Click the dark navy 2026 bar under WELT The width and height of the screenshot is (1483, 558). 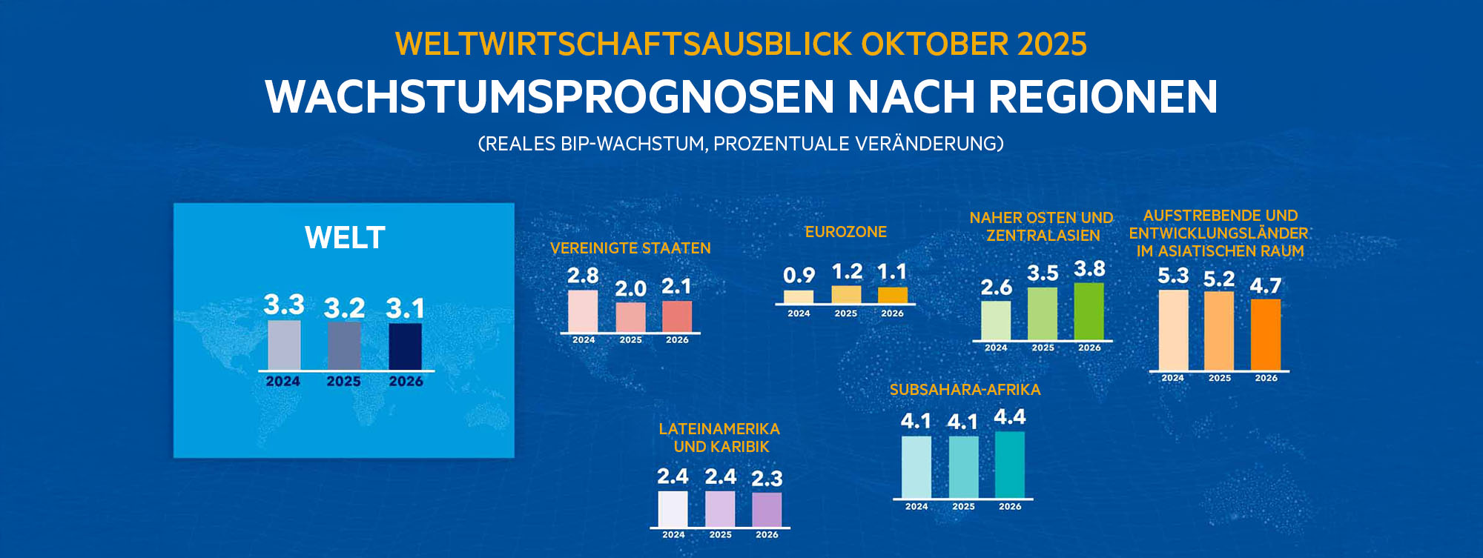click(x=405, y=346)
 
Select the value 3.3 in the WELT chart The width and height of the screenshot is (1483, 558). click(x=284, y=305)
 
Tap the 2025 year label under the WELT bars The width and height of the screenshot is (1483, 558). click(x=343, y=382)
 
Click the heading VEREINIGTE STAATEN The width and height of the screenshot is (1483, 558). click(x=630, y=248)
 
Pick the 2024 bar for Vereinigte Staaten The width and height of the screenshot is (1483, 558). click(x=583, y=311)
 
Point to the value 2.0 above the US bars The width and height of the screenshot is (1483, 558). click(x=630, y=288)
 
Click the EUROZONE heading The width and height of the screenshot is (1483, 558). click(x=846, y=232)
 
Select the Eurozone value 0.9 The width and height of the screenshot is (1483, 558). click(x=799, y=276)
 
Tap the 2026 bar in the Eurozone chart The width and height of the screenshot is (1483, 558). click(x=893, y=295)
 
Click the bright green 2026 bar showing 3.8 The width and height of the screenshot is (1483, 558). click(x=1089, y=311)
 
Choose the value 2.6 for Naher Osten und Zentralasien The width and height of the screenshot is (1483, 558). click(x=996, y=287)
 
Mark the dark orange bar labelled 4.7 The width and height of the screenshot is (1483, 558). click(x=1266, y=334)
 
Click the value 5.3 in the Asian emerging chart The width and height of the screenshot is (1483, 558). click(x=1173, y=276)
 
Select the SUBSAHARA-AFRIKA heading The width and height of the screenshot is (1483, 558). click(x=965, y=390)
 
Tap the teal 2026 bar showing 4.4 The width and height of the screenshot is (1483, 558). click(x=1010, y=465)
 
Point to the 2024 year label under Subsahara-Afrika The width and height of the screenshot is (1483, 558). click(x=916, y=507)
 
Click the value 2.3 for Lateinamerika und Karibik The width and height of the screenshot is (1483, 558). click(x=767, y=479)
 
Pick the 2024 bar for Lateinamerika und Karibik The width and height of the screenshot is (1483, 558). click(x=673, y=509)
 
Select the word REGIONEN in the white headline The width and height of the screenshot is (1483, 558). click(x=1103, y=97)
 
